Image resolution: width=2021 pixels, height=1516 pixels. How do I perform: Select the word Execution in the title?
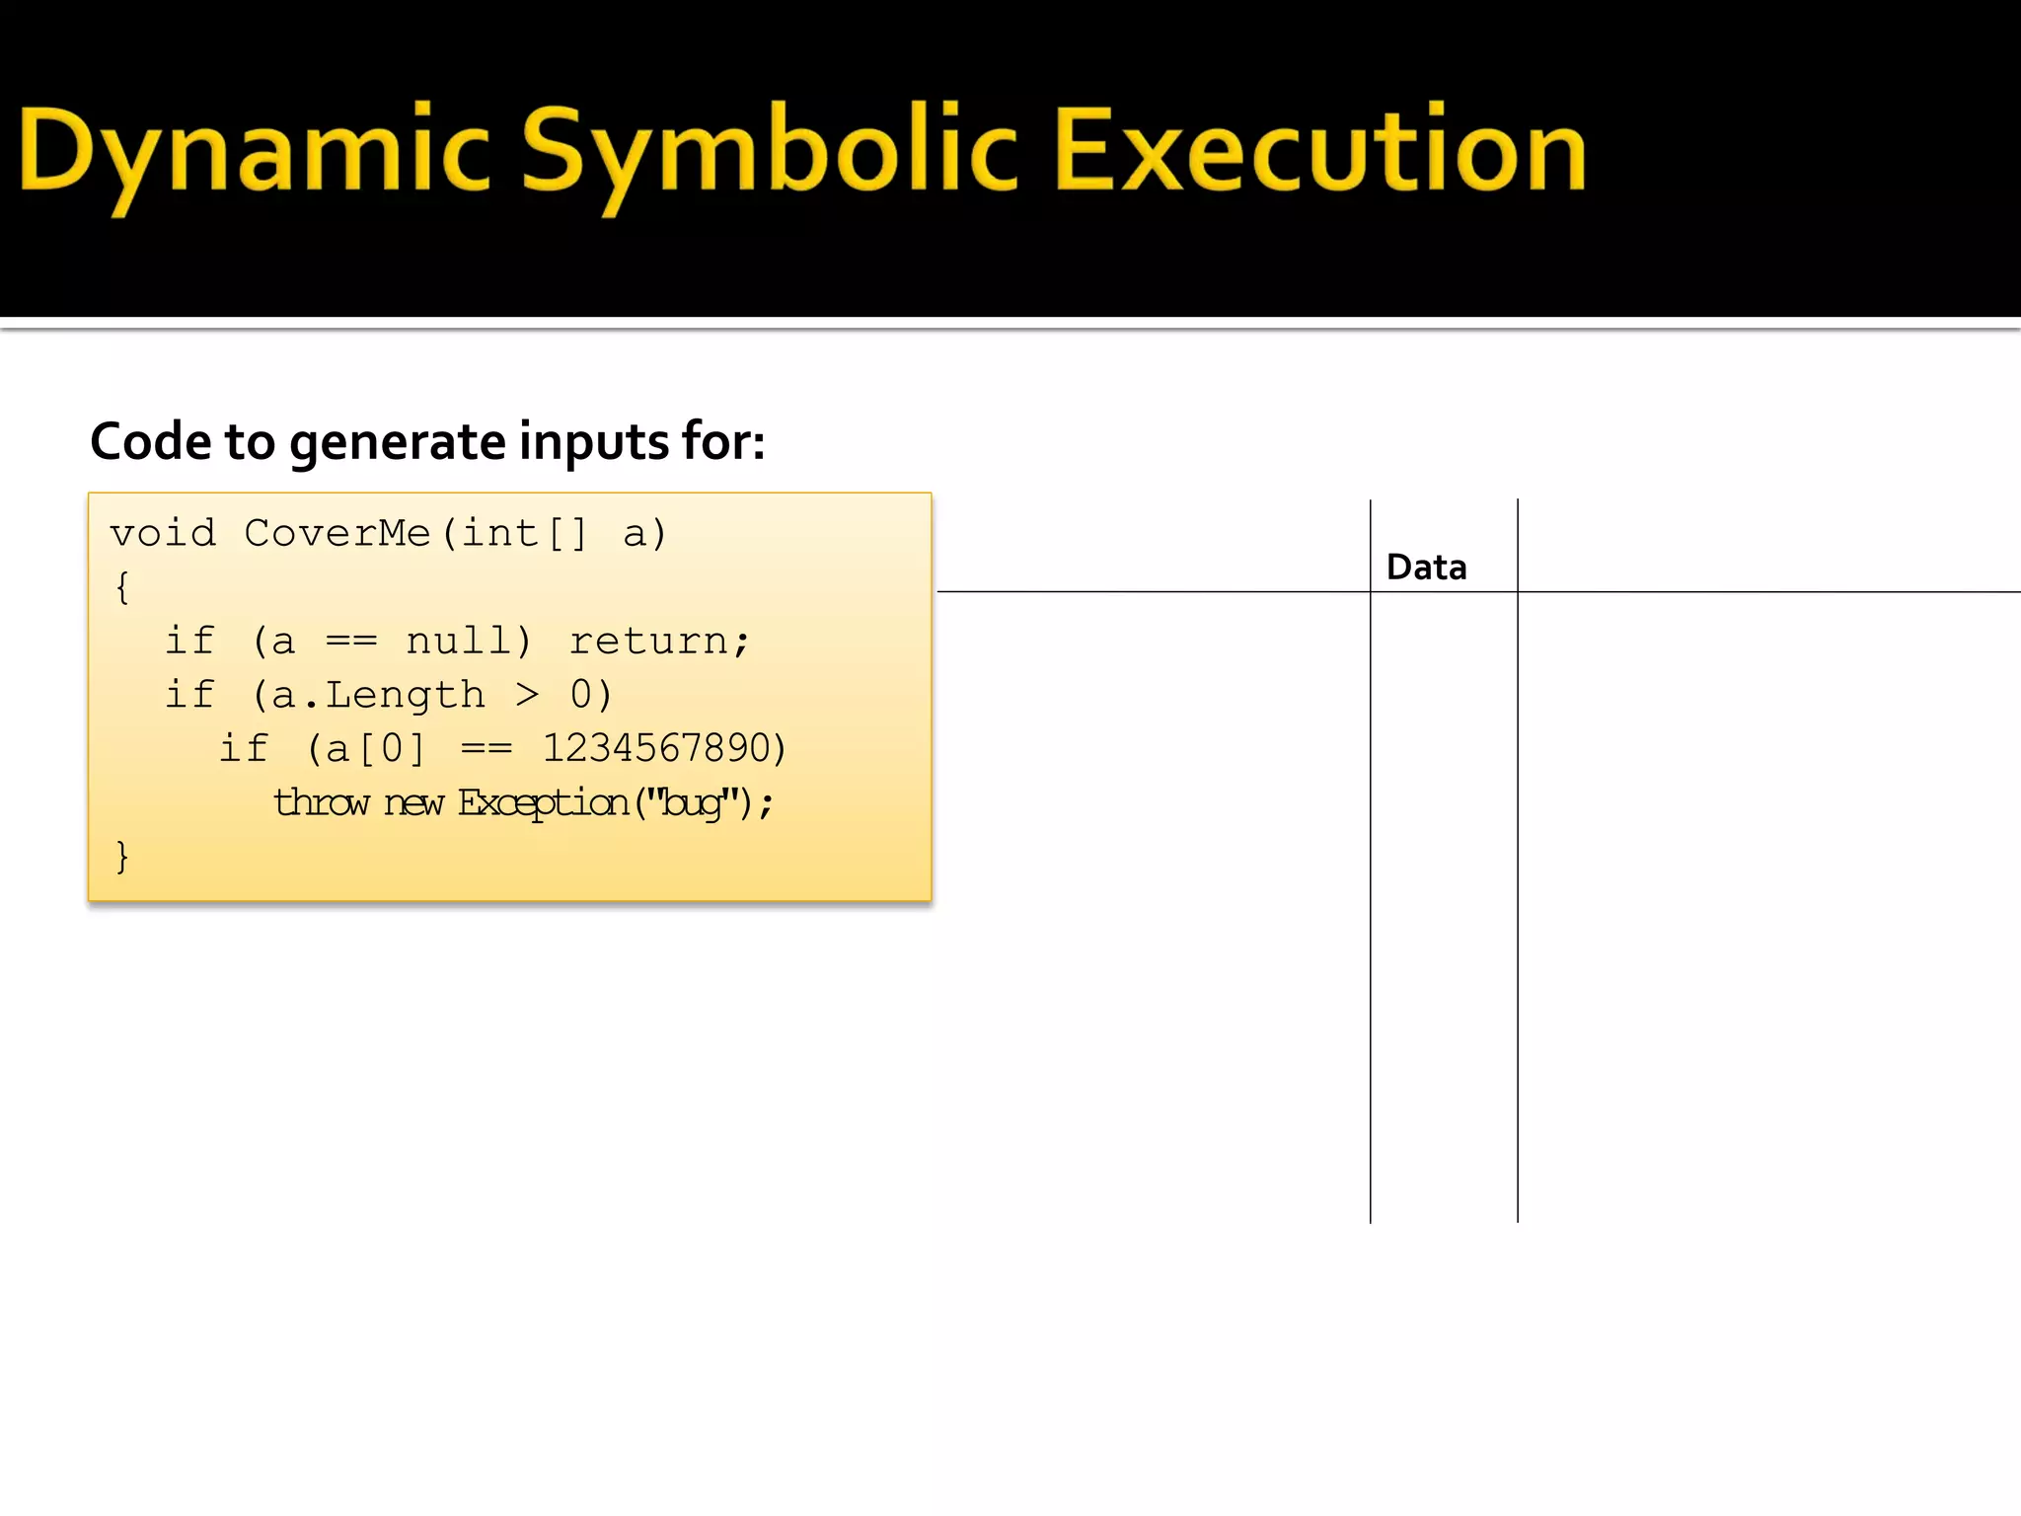pyautogui.click(x=1319, y=150)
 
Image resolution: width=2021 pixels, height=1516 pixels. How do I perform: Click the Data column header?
pyautogui.click(x=1426, y=568)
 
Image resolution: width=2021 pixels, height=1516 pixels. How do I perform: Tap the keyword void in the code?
pyautogui.click(x=163, y=534)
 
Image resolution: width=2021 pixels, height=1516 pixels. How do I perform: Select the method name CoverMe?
pyautogui.click(x=337, y=534)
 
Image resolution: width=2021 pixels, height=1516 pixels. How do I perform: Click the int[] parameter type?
pyautogui.click(x=525, y=534)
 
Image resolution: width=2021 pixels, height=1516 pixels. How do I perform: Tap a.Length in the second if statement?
pyautogui.click(x=378, y=696)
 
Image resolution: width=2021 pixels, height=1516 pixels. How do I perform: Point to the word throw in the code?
pyautogui.click(x=321, y=802)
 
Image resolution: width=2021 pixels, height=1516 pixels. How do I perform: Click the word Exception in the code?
pyautogui.click(x=543, y=802)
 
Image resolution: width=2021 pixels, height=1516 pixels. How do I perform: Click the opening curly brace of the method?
pyautogui.click(x=122, y=588)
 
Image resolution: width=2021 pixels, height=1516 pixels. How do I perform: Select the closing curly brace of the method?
pyautogui.click(x=122, y=857)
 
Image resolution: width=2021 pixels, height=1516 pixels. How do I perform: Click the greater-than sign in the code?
pyautogui.click(x=528, y=696)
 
